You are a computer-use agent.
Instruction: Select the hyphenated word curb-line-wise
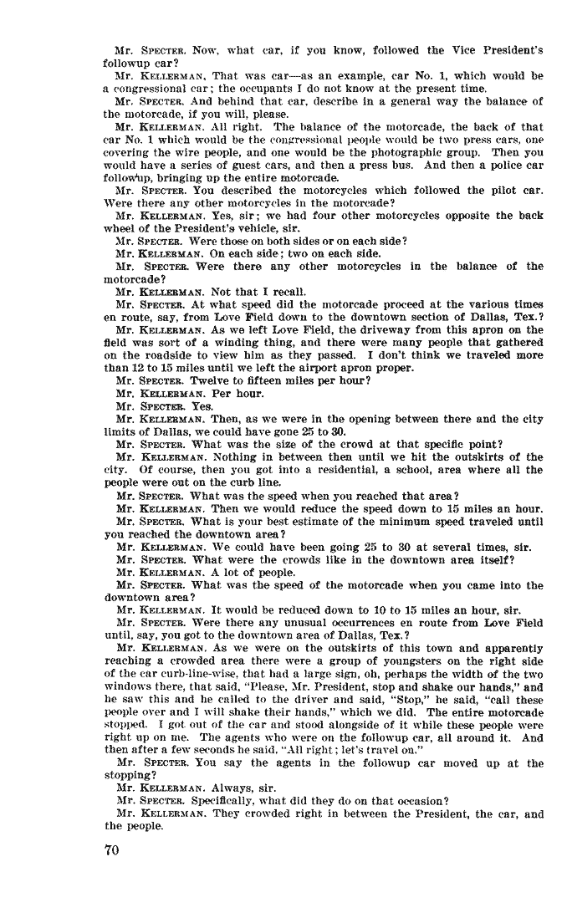pyautogui.click(x=179, y=672)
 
